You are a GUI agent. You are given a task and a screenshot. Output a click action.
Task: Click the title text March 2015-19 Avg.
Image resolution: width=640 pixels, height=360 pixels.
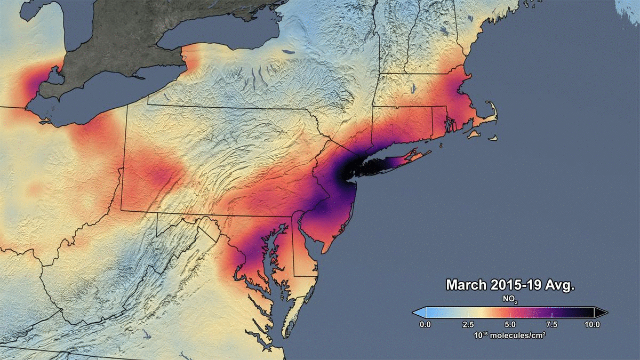pyautogui.click(x=510, y=285)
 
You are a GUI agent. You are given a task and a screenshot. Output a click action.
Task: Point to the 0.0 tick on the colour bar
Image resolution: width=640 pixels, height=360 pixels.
pyautogui.click(x=425, y=324)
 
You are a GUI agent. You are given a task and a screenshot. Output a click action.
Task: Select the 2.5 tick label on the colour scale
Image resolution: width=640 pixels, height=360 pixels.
pyautogui.click(x=467, y=324)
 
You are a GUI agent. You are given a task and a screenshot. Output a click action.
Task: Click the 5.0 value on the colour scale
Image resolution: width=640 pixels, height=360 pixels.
pyautogui.click(x=509, y=324)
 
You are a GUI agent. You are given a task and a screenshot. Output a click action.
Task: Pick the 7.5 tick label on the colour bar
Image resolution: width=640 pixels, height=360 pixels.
pyautogui.click(x=551, y=324)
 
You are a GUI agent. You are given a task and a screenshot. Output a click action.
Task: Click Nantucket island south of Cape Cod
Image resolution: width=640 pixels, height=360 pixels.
pyautogui.click(x=491, y=139)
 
